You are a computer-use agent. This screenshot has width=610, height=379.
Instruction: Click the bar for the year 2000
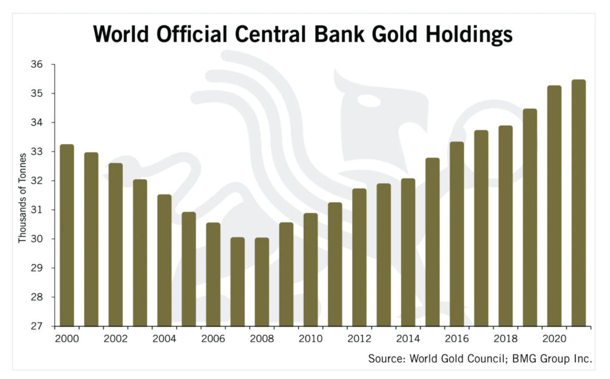point(67,235)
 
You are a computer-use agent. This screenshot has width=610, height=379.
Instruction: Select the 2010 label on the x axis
point(310,339)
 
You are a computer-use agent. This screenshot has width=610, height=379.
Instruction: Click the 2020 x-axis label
point(554,339)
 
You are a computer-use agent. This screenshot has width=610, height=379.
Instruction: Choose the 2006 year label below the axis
point(213,339)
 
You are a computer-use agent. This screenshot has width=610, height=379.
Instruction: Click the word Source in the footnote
point(384,358)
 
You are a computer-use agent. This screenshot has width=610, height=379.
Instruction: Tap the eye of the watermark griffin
point(369,101)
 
